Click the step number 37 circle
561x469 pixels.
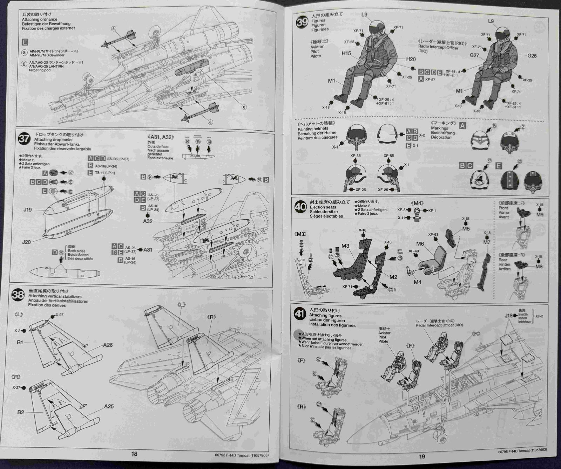tap(24, 139)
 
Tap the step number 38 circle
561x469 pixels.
tap(18, 295)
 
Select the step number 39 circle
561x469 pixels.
tap(302, 23)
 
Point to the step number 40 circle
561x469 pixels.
tap(300, 207)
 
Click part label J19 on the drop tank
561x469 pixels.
tap(27, 210)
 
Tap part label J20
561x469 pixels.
tap(27, 242)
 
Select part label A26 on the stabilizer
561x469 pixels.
tap(108, 345)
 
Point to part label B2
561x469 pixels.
tap(21, 412)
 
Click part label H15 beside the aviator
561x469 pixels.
tap(346, 53)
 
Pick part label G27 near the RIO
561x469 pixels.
tap(474, 55)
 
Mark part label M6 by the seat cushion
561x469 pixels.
tap(420, 244)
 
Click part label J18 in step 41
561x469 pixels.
tap(508, 315)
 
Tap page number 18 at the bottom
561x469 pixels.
tap(134, 454)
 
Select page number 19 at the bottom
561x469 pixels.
tap(422, 456)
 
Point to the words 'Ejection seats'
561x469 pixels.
tap(323, 207)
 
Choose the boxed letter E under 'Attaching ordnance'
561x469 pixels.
tap(25, 42)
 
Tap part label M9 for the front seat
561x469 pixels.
tap(540, 214)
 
